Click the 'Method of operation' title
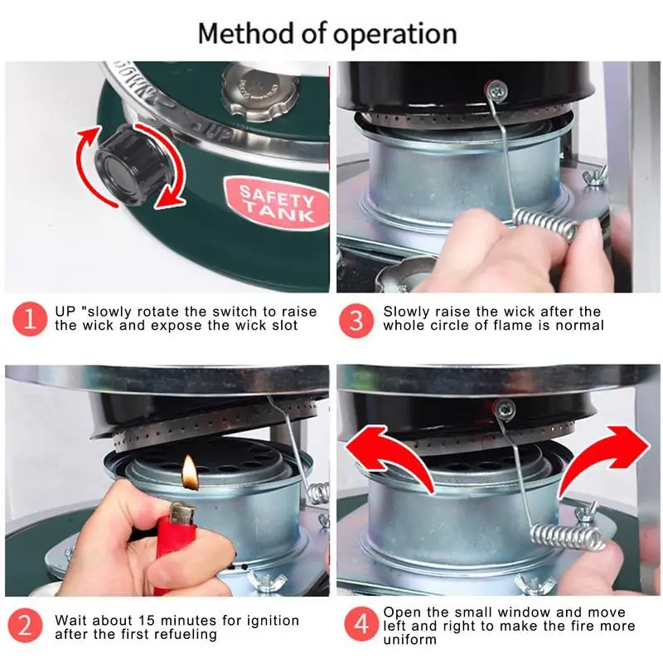tap(327, 34)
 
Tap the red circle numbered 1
tap(30, 319)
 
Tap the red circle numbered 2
tap(26, 626)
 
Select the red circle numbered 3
tap(356, 321)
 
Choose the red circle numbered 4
tap(361, 624)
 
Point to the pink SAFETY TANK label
tap(277, 204)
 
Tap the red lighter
tap(177, 545)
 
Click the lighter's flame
tap(190, 472)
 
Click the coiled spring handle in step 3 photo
tap(545, 224)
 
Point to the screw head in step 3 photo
tap(496, 90)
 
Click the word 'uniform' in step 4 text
tap(409, 639)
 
